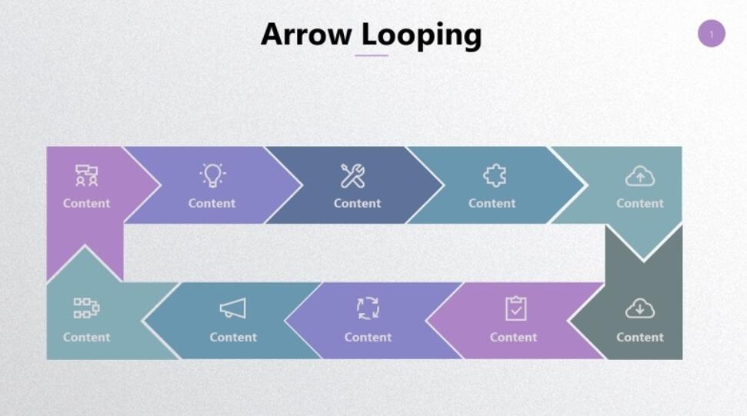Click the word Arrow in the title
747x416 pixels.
coord(306,35)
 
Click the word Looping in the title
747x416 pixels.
coord(422,36)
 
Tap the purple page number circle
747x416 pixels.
coord(712,33)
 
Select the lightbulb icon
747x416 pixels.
coord(212,175)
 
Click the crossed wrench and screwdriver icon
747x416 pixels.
coord(353,175)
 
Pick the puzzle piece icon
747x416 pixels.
coord(495,175)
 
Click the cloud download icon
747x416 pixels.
coord(640,308)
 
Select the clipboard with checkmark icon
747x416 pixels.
coord(516,308)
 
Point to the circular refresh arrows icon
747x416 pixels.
coord(368,308)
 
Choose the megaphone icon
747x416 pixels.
coord(233,308)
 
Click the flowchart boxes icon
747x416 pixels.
coord(86,308)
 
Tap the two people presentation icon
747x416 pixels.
coord(86,175)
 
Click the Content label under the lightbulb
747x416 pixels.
coord(212,203)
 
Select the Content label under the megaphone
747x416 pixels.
coord(233,337)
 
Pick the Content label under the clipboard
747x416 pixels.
coord(514,337)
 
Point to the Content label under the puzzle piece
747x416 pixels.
coord(492,203)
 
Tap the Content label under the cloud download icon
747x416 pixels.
coord(640,337)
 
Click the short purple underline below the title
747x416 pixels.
coord(372,55)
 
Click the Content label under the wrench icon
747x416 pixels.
coord(357,203)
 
